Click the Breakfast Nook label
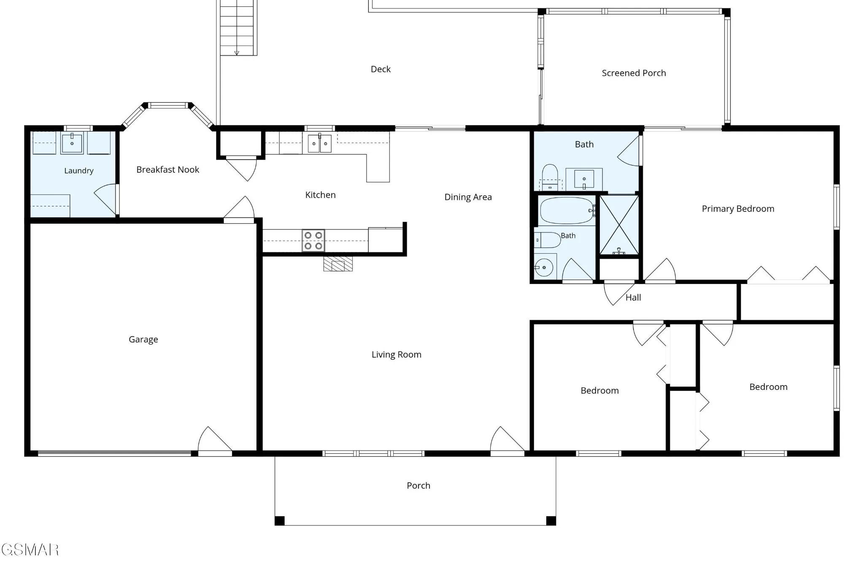(167, 170)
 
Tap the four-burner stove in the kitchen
(313, 241)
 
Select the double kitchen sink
(319, 143)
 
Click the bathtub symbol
(568, 211)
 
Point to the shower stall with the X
(619, 225)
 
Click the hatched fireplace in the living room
(338, 264)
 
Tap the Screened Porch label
(634, 73)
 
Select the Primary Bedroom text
(738, 209)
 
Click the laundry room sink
(72, 143)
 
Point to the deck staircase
(238, 28)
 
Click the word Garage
(143, 340)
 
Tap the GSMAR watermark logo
(30, 549)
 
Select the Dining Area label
(468, 197)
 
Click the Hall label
(633, 297)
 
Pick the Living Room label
(396, 355)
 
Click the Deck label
(381, 69)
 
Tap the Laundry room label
(79, 171)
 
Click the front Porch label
(418, 486)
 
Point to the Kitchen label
(320, 195)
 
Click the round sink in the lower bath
(544, 268)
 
